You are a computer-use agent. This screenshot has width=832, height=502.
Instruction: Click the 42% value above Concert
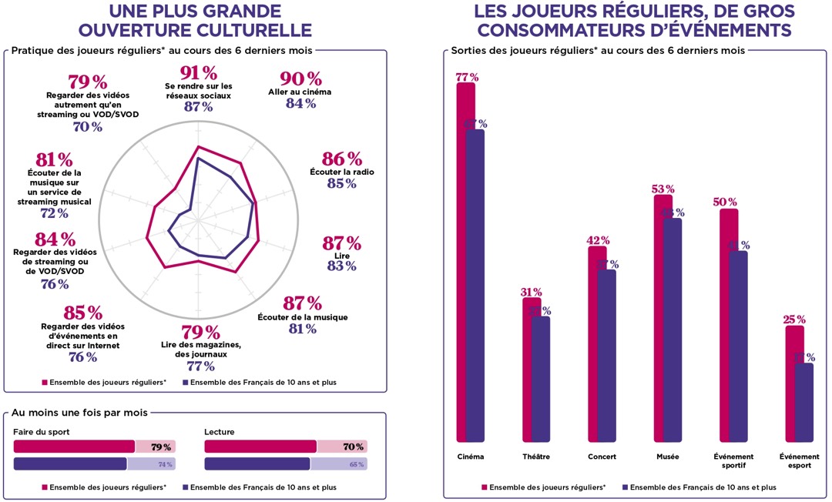pos(599,240)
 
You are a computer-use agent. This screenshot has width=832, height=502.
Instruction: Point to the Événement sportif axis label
pos(734,460)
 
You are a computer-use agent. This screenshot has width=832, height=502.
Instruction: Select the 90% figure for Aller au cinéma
pos(301,79)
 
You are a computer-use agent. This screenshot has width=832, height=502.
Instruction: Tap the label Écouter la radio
pos(341,172)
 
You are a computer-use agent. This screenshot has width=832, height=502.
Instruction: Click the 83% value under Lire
pos(341,266)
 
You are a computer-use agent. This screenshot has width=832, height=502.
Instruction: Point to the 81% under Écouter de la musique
pos(301,329)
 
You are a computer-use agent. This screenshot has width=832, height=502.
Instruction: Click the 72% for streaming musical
pos(54,214)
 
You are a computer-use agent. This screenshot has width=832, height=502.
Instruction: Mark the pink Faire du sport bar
pos(74,446)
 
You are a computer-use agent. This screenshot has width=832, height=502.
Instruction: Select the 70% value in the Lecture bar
pos(354,447)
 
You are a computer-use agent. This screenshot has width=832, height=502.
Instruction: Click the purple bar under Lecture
pos(257,464)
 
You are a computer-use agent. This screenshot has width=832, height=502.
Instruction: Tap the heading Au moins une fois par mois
pos(80,413)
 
